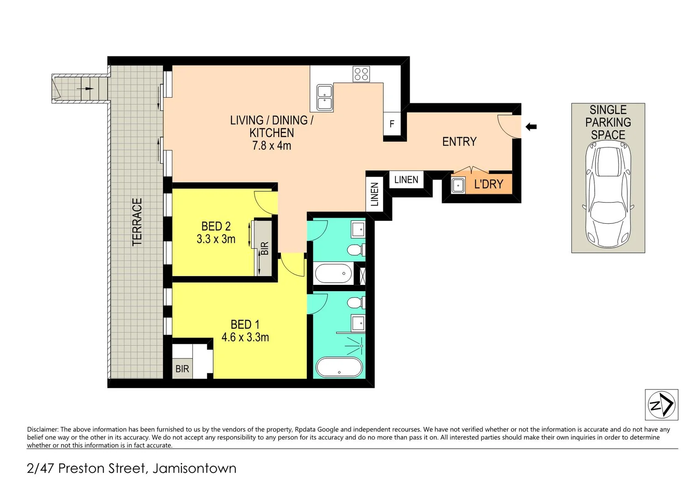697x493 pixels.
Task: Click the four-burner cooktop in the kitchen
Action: coord(361,74)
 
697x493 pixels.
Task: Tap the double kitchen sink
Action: coord(324,97)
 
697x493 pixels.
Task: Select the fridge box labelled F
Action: coord(391,124)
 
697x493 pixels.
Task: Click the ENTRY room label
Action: coord(459,142)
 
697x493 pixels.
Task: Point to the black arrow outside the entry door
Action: coord(531,126)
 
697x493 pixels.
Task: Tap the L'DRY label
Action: coord(488,184)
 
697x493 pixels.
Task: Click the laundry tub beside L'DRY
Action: coord(458,185)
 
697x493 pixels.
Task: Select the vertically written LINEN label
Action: coord(375,194)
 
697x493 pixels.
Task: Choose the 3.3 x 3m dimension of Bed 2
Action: coord(216,239)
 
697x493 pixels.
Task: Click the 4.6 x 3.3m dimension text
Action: coord(245,337)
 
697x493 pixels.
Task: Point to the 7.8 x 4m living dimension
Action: coord(271,146)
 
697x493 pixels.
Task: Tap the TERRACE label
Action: coord(137,222)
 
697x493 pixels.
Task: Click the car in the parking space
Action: coord(608,194)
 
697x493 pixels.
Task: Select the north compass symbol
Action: coord(661,404)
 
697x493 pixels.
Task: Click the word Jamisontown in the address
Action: coord(194,468)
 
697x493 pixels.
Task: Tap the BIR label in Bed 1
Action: coord(182,369)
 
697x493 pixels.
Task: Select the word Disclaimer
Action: coord(43,430)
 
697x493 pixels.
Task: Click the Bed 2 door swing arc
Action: coord(264,203)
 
